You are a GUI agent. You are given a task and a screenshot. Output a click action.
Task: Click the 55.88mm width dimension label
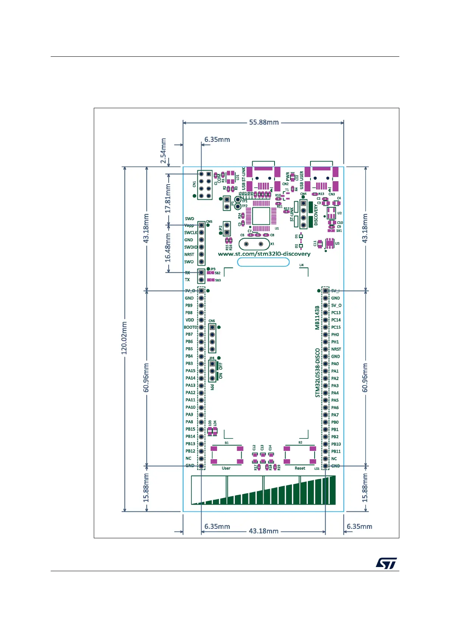coord(264,122)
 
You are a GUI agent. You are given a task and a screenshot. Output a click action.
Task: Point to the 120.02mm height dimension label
coord(124,338)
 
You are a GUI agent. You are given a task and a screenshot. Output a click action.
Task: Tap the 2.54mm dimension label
coord(163,151)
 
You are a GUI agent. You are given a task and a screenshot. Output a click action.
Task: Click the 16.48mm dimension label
coord(168,248)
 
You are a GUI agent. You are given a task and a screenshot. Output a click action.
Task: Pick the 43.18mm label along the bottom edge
coord(263,531)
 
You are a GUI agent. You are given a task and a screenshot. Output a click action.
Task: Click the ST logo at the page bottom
coord(386,563)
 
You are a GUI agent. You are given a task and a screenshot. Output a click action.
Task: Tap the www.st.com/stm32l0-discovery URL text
coord(264,254)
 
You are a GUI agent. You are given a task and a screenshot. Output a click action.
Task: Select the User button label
coord(226,468)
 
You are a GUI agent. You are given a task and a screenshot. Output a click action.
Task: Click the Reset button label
coord(300,468)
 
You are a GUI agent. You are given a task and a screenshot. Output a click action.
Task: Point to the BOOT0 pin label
coord(190,327)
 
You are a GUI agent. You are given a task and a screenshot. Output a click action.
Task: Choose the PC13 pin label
coord(336,313)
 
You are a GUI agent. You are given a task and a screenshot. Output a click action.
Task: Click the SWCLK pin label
coord(191,233)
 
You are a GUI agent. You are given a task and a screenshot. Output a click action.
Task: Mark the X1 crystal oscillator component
coord(254,244)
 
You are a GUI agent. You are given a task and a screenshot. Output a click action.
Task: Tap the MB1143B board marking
coord(317,318)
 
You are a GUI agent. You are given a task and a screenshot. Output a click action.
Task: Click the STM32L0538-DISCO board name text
coord(318,373)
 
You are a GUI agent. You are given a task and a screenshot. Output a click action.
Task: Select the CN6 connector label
coord(212,321)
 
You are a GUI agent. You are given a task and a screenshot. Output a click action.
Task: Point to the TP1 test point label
coord(245,201)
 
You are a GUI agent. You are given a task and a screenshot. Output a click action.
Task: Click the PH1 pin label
coord(335,342)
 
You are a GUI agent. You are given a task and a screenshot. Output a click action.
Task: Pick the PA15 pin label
coord(190,371)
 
